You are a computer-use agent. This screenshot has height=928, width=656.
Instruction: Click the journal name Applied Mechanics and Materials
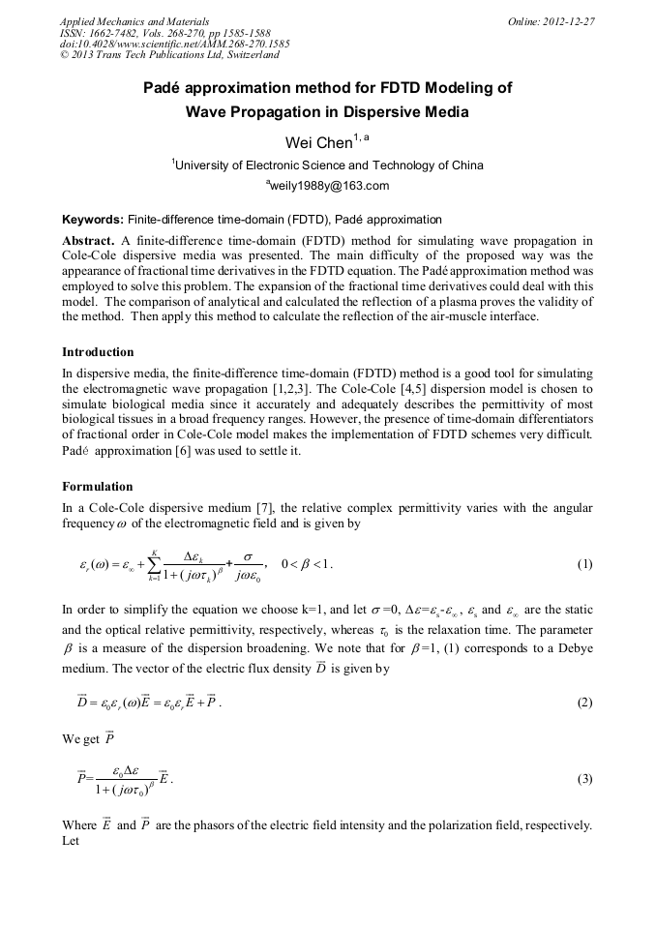click(x=134, y=21)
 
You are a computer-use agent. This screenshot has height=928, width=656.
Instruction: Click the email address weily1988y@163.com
click(x=327, y=186)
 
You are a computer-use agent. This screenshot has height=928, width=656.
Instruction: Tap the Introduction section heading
click(x=98, y=352)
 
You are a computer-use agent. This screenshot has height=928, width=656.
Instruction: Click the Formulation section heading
click(x=98, y=487)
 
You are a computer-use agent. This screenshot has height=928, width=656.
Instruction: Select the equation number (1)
click(x=584, y=564)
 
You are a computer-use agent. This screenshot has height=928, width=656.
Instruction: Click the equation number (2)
click(x=584, y=703)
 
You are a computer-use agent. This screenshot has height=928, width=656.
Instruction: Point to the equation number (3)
click(x=584, y=778)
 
